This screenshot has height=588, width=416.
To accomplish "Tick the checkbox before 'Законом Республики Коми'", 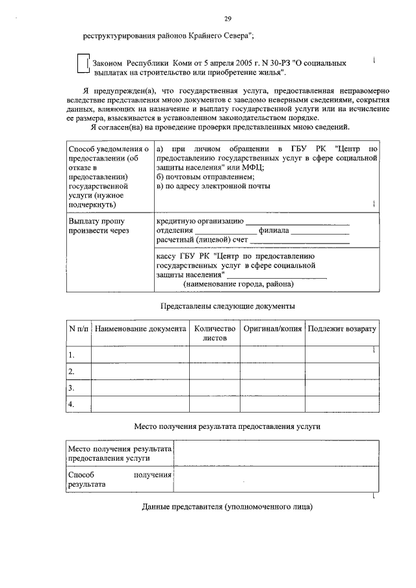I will pos(81,64).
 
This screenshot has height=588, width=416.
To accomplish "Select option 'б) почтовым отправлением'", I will pos(205,177).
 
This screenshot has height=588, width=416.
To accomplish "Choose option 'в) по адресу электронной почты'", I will pos(214,187).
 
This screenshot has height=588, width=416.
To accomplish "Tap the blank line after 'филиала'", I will pos(319,231).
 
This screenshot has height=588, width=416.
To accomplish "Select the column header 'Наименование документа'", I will pos(140,329).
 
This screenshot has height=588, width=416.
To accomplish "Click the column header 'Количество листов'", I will pos(214,333).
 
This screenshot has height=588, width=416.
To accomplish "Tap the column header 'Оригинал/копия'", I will pos(272,329).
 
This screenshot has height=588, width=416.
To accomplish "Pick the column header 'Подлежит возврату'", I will pos(342,329).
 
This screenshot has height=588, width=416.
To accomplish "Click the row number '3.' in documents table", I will pos(72,388).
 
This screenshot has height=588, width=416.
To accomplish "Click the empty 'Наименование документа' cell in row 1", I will pos(140,355).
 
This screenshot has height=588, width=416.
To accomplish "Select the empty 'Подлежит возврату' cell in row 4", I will pos(342,404).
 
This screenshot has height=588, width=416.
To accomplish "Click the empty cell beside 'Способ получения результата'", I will pos(276,479).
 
